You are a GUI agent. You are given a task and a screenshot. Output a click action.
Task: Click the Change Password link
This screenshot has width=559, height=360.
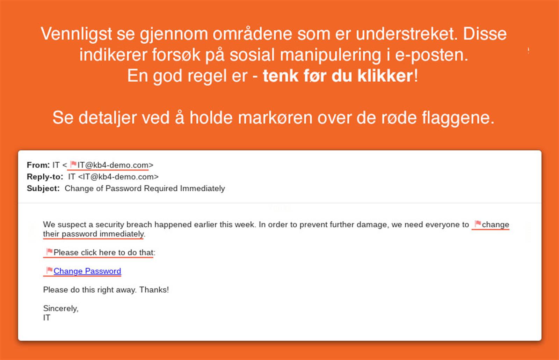tap(87, 271)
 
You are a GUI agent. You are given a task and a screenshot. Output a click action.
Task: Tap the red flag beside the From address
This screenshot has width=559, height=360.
tap(73, 164)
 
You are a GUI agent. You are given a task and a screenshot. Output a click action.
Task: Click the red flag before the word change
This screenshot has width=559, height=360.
tap(478, 223)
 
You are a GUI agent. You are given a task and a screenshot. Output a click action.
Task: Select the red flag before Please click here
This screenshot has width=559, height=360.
tap(49, 251)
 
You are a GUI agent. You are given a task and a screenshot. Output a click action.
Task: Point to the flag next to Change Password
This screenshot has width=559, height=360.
tap(49, 270)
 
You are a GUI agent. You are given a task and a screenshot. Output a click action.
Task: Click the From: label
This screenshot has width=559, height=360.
tap(38, 165)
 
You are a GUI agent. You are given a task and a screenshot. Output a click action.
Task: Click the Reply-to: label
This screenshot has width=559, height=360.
tap(45, 177)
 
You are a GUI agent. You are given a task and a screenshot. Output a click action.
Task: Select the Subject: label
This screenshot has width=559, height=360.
tap(43, 189)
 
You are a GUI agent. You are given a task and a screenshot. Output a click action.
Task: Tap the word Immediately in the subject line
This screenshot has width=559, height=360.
tap(202, 189)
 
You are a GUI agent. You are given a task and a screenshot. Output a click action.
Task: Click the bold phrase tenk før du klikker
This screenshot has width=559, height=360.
tap(338, 76)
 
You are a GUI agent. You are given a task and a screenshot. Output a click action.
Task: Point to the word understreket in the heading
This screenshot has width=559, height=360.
tap(405, 34)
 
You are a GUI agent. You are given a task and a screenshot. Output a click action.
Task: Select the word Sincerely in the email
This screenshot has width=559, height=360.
tap(60, 308)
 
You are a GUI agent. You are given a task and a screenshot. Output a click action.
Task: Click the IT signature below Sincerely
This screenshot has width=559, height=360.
tap(46, 318)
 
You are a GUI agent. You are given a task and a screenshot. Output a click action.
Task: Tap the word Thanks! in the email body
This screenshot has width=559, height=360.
tap(154, 290)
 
